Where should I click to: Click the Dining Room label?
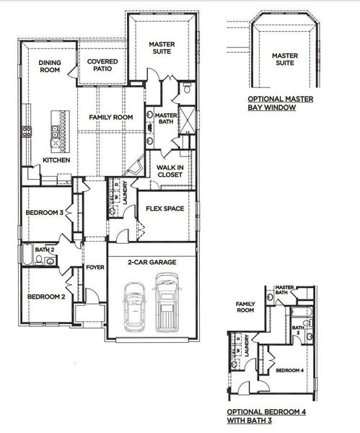pyautogui.click(x=50, y=66)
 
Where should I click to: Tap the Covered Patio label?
pyautogui.click(x=103, y=66)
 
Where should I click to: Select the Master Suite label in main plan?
pyautogui.click(x=162, y=48)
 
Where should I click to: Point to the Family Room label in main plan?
pyautogui.click(x=111, y=117)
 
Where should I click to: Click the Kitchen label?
pyautogui.click(x=56, y=160)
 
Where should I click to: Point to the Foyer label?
pyautogui.click(x=95, y=268)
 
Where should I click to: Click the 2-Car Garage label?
pyautogui.click(x=152, y=263)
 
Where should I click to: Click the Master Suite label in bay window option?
pyautogui.click(x=284, y=58)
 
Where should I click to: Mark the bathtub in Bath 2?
pyautogui.click(x=28, y=258)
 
